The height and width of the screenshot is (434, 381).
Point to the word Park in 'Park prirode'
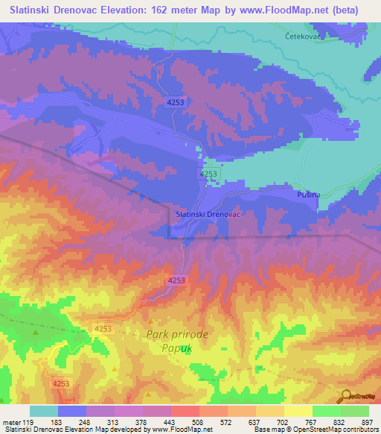pos(161,335)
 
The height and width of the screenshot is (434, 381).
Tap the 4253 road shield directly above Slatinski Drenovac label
pos(208,173)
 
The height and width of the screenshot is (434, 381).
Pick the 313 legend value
pos(112,421)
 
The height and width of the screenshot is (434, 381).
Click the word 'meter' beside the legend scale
pos(11,421)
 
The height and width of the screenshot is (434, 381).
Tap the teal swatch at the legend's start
pos(44,411)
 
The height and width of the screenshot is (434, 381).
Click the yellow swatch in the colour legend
pos(298,411)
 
